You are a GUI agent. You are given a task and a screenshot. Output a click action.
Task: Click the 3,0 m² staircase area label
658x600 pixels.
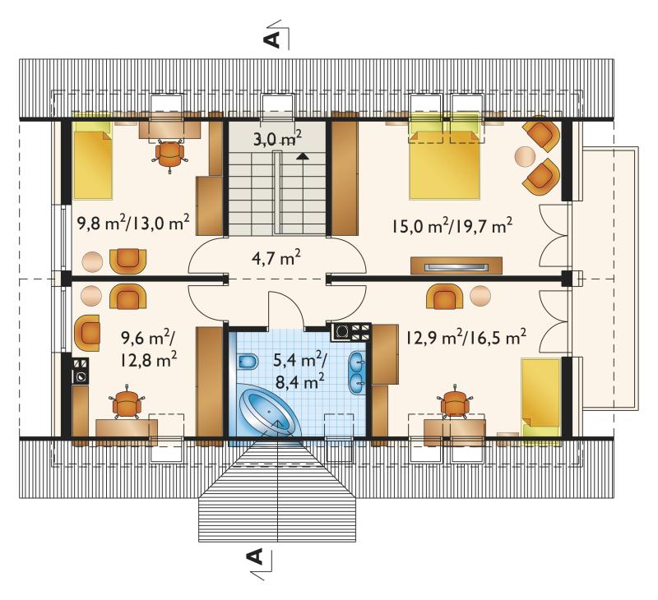(277, 138)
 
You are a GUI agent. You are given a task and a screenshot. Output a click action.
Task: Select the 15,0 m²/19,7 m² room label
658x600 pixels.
(452, 225)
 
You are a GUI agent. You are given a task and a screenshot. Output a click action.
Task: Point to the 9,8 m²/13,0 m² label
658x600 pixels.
(133, 222)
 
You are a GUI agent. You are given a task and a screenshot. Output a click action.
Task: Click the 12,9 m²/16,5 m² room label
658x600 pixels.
(466, 336)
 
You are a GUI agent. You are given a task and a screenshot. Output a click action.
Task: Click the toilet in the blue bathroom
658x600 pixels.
(248, 362)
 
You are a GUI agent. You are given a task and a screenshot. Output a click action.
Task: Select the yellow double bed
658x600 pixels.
(444, 164)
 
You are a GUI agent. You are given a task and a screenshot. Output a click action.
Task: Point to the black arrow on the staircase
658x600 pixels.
(301, 156)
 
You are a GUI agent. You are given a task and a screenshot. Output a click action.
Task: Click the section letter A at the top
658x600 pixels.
(271, 39)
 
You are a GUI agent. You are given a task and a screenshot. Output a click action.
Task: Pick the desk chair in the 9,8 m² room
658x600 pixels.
(169, 155)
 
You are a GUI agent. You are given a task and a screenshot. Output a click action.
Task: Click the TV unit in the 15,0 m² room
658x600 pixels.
(456, 265)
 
